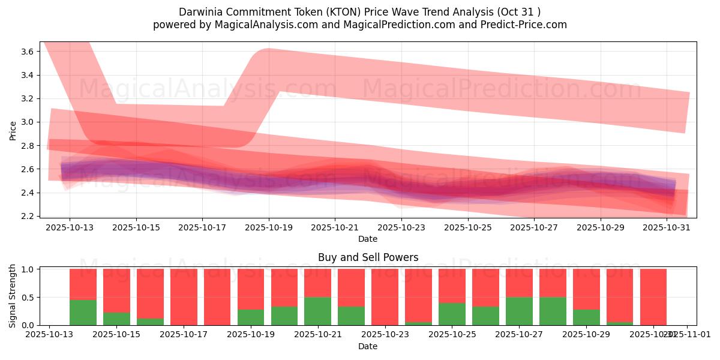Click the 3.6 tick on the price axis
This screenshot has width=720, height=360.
tap(26, 52)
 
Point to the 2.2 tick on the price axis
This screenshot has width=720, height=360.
tap(26, 216)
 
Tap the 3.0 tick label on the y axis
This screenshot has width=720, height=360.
tap(26, 122)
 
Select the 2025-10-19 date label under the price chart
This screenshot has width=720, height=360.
tap(268, 228)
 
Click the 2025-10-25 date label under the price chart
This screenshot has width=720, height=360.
tap(467, 228)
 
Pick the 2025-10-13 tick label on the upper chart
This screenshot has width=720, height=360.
tap(69, 228)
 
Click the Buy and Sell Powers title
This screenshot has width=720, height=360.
tap(368, 257)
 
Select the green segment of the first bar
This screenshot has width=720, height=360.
tap(83, 312)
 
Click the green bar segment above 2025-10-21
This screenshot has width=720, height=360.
tap(317, 311)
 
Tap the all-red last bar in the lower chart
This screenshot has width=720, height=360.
tap(653, 297)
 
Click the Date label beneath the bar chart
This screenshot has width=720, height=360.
tap(368, 346)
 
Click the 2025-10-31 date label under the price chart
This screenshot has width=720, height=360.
tap(667, 228)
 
